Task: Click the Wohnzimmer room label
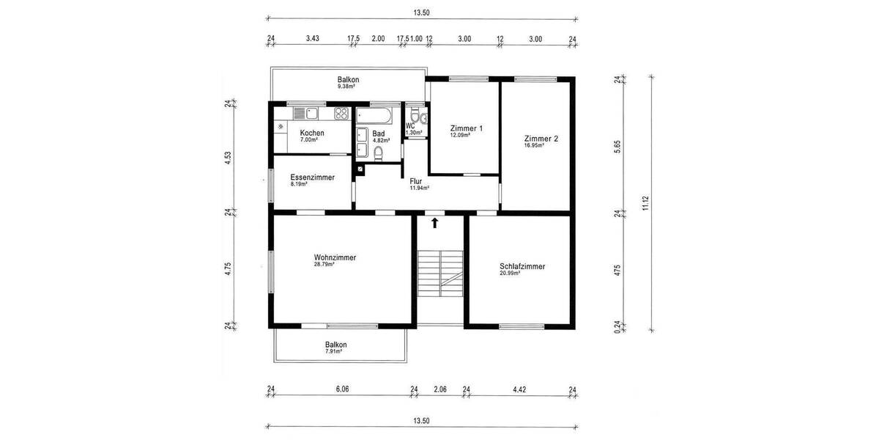[x=335, y=257]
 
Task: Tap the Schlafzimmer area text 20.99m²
[x=510, y=274]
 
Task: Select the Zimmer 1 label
[x=467, y=128]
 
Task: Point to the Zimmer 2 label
[x=541, y=138]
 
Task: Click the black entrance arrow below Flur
[x=434, y=222]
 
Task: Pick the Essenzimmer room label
[x=312, y=177]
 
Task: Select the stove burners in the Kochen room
[x=341, y=114]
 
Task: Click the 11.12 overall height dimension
[x=645, y=203]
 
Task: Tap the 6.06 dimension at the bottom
[x=342, y=389]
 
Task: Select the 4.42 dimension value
[x=519, y=389]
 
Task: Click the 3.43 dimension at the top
[x=313, y=39]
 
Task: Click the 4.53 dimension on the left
[x=229, y=158]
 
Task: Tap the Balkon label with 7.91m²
[x=336, y=345]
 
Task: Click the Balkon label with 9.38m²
[x=348, y=79]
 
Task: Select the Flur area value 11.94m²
[x=418, y=188]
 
